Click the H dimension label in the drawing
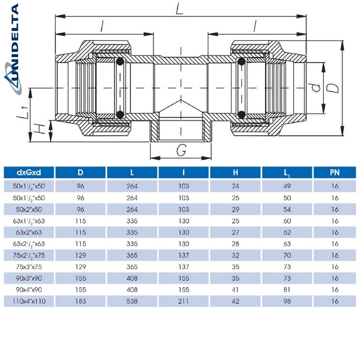click(x=40, y=130)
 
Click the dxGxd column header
click(x=29, y=172)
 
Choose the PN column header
click(x=334, y=172)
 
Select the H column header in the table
click(x=235, y=172)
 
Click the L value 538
click(x=131, y=301)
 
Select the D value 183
click(x=80, y=301)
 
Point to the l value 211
click(x=183, y=301)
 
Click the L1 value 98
click(x=287, y=301)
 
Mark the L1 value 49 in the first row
click(x=287, y=185)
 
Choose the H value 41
click(x=235, y=290)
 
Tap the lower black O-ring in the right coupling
click(x=242, y=114)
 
